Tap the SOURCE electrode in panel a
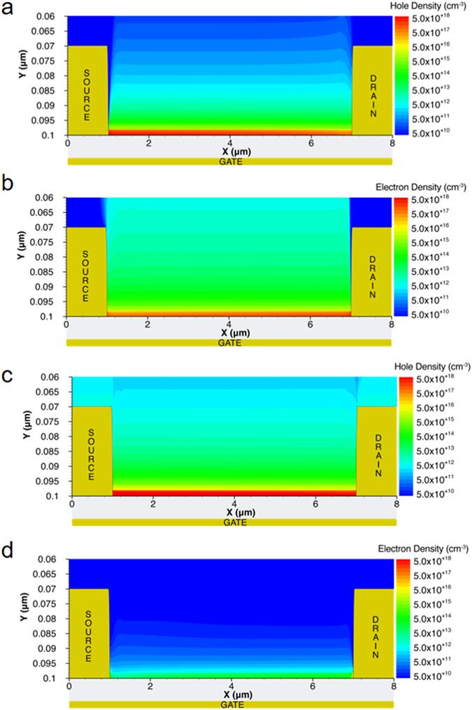pyautogui.click(x=87, y=91)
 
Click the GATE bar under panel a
pyautogui.click(x=230, y=162)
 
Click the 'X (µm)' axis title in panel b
pyautogui.click(x=230, y=332)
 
